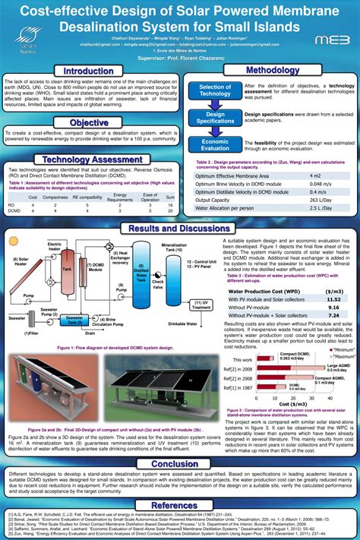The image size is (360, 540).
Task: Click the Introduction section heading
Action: click(x=88, y=71)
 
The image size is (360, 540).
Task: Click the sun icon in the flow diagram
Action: click(x=14, y=242)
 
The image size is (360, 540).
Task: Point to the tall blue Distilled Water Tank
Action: click(x=141, y=266)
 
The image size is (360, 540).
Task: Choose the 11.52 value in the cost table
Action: click(x=333, y=299)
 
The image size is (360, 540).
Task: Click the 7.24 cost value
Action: click(x=333, y=314)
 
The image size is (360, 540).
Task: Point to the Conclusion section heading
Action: click(x=179, y=464)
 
